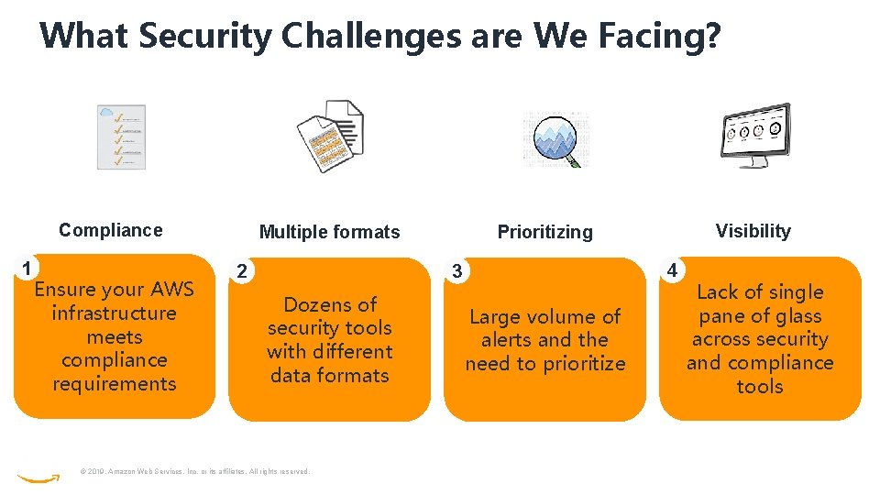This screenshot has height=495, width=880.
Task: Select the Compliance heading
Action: pyautogui.click(x=110, y=230)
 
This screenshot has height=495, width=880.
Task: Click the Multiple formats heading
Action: pyautogui.click(x=329, y=232)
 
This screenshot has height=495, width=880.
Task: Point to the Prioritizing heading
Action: pyautogui.click(x=544, y=232)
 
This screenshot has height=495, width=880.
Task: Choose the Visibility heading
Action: pyautogui.click(x=753, y=231)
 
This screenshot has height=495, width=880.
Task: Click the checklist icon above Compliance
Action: pyautogui.click(x=121, y=137)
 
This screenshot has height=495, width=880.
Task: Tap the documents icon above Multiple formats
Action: pyautogui.click(x=330, y=137)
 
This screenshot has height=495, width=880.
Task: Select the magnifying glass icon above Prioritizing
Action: pyautogui.click(x=555, y=139)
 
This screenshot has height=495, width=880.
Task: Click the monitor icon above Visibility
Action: pyautogui.click(x=753, y=135)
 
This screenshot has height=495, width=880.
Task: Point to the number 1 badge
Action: pyautogui.click(x=28, y=269)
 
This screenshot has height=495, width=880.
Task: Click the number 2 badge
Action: pyautogui.click(x=241, y=271)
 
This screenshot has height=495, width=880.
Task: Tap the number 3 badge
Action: pyautogui.click(x=456, y=271)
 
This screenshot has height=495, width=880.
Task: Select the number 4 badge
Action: pyautogui.click(x=672, y=270)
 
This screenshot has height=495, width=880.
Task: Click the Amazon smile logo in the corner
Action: pyautogui.click(x=38, y=478)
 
